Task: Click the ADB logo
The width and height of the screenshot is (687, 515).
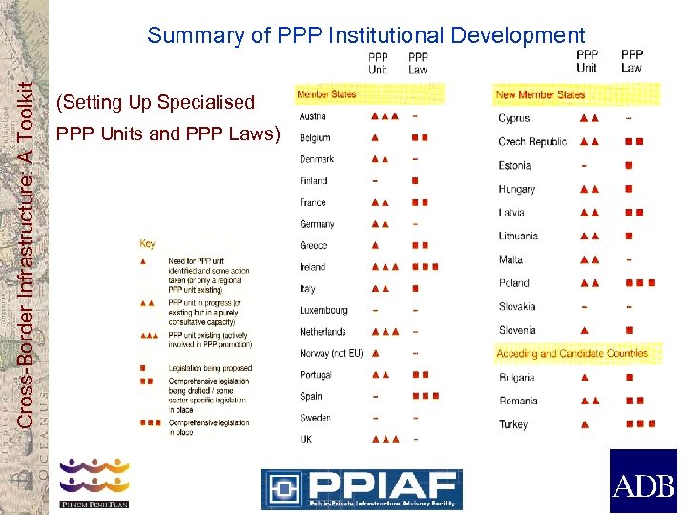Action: pos(642,481)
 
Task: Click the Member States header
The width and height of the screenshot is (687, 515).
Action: pos(326,94)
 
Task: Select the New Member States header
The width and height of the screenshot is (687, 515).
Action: pos(540,94)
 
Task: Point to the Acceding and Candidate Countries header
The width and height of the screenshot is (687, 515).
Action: pos(572,353)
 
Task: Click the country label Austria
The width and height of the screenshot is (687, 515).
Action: pos(312,116)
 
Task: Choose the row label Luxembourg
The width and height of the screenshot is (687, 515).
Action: pos(323,310)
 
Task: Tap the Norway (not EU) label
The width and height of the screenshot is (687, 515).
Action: pos(331,353)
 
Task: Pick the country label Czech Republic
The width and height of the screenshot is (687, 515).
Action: pos(532,142)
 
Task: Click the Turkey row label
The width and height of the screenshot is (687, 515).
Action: pos(512,424)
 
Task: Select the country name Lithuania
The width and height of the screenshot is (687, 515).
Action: pos(518,236)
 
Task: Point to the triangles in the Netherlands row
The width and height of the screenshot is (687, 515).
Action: pos(385,332)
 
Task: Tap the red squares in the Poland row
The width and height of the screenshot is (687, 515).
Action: pos(640,283)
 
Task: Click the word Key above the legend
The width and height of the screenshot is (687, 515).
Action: pos(148,244)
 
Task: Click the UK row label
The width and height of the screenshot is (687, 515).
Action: pos(305,439)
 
